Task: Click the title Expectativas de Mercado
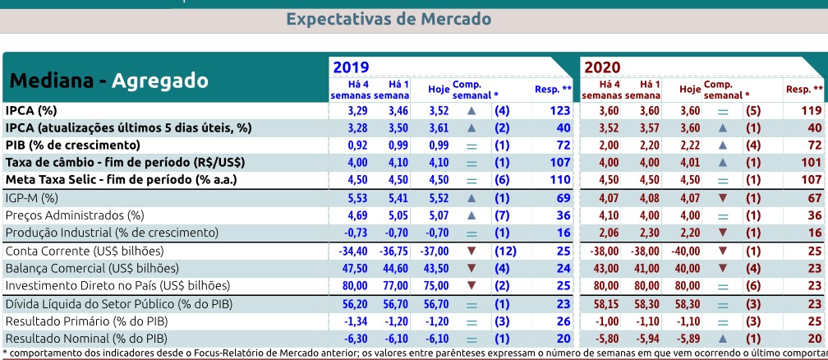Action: [389, 19]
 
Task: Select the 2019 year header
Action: [351, 67]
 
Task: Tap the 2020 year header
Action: [602, 67]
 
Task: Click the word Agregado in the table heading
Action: [159, 81]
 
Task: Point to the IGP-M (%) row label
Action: [32, 197]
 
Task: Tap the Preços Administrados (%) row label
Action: [75, 215]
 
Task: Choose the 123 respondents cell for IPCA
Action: [560, 109]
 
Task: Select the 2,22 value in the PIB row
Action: [689, 145]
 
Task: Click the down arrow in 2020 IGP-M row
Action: [722, 197]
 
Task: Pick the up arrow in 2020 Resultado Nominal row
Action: [722, 339]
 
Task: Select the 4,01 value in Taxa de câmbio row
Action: [689, 163]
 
